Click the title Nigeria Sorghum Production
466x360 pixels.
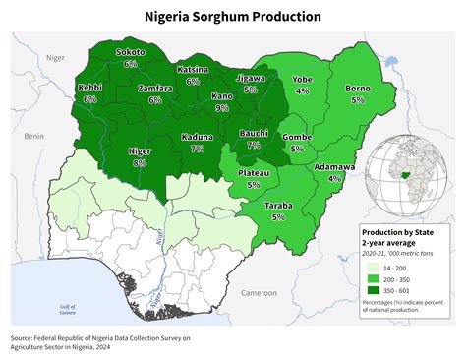point(232,17)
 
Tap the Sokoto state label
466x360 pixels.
point(131,52)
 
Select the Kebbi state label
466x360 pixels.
point(90,88)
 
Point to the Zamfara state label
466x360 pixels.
point(155,88)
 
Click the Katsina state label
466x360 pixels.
point(193,70)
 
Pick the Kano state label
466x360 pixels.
point(222,96)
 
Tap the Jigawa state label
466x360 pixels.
point(251,77)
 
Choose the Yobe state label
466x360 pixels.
point(302,79)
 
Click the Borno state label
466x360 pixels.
point(357,89)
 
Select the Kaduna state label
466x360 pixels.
point(198,137)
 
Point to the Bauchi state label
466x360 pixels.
point(254,133)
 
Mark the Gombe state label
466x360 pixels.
point(297,137)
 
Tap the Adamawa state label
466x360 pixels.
point(334,167)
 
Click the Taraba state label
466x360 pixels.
point(279,205)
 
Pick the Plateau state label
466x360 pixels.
point(254,173)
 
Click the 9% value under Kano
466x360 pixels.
point(222,108)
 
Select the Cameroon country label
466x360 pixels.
point(260,292)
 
